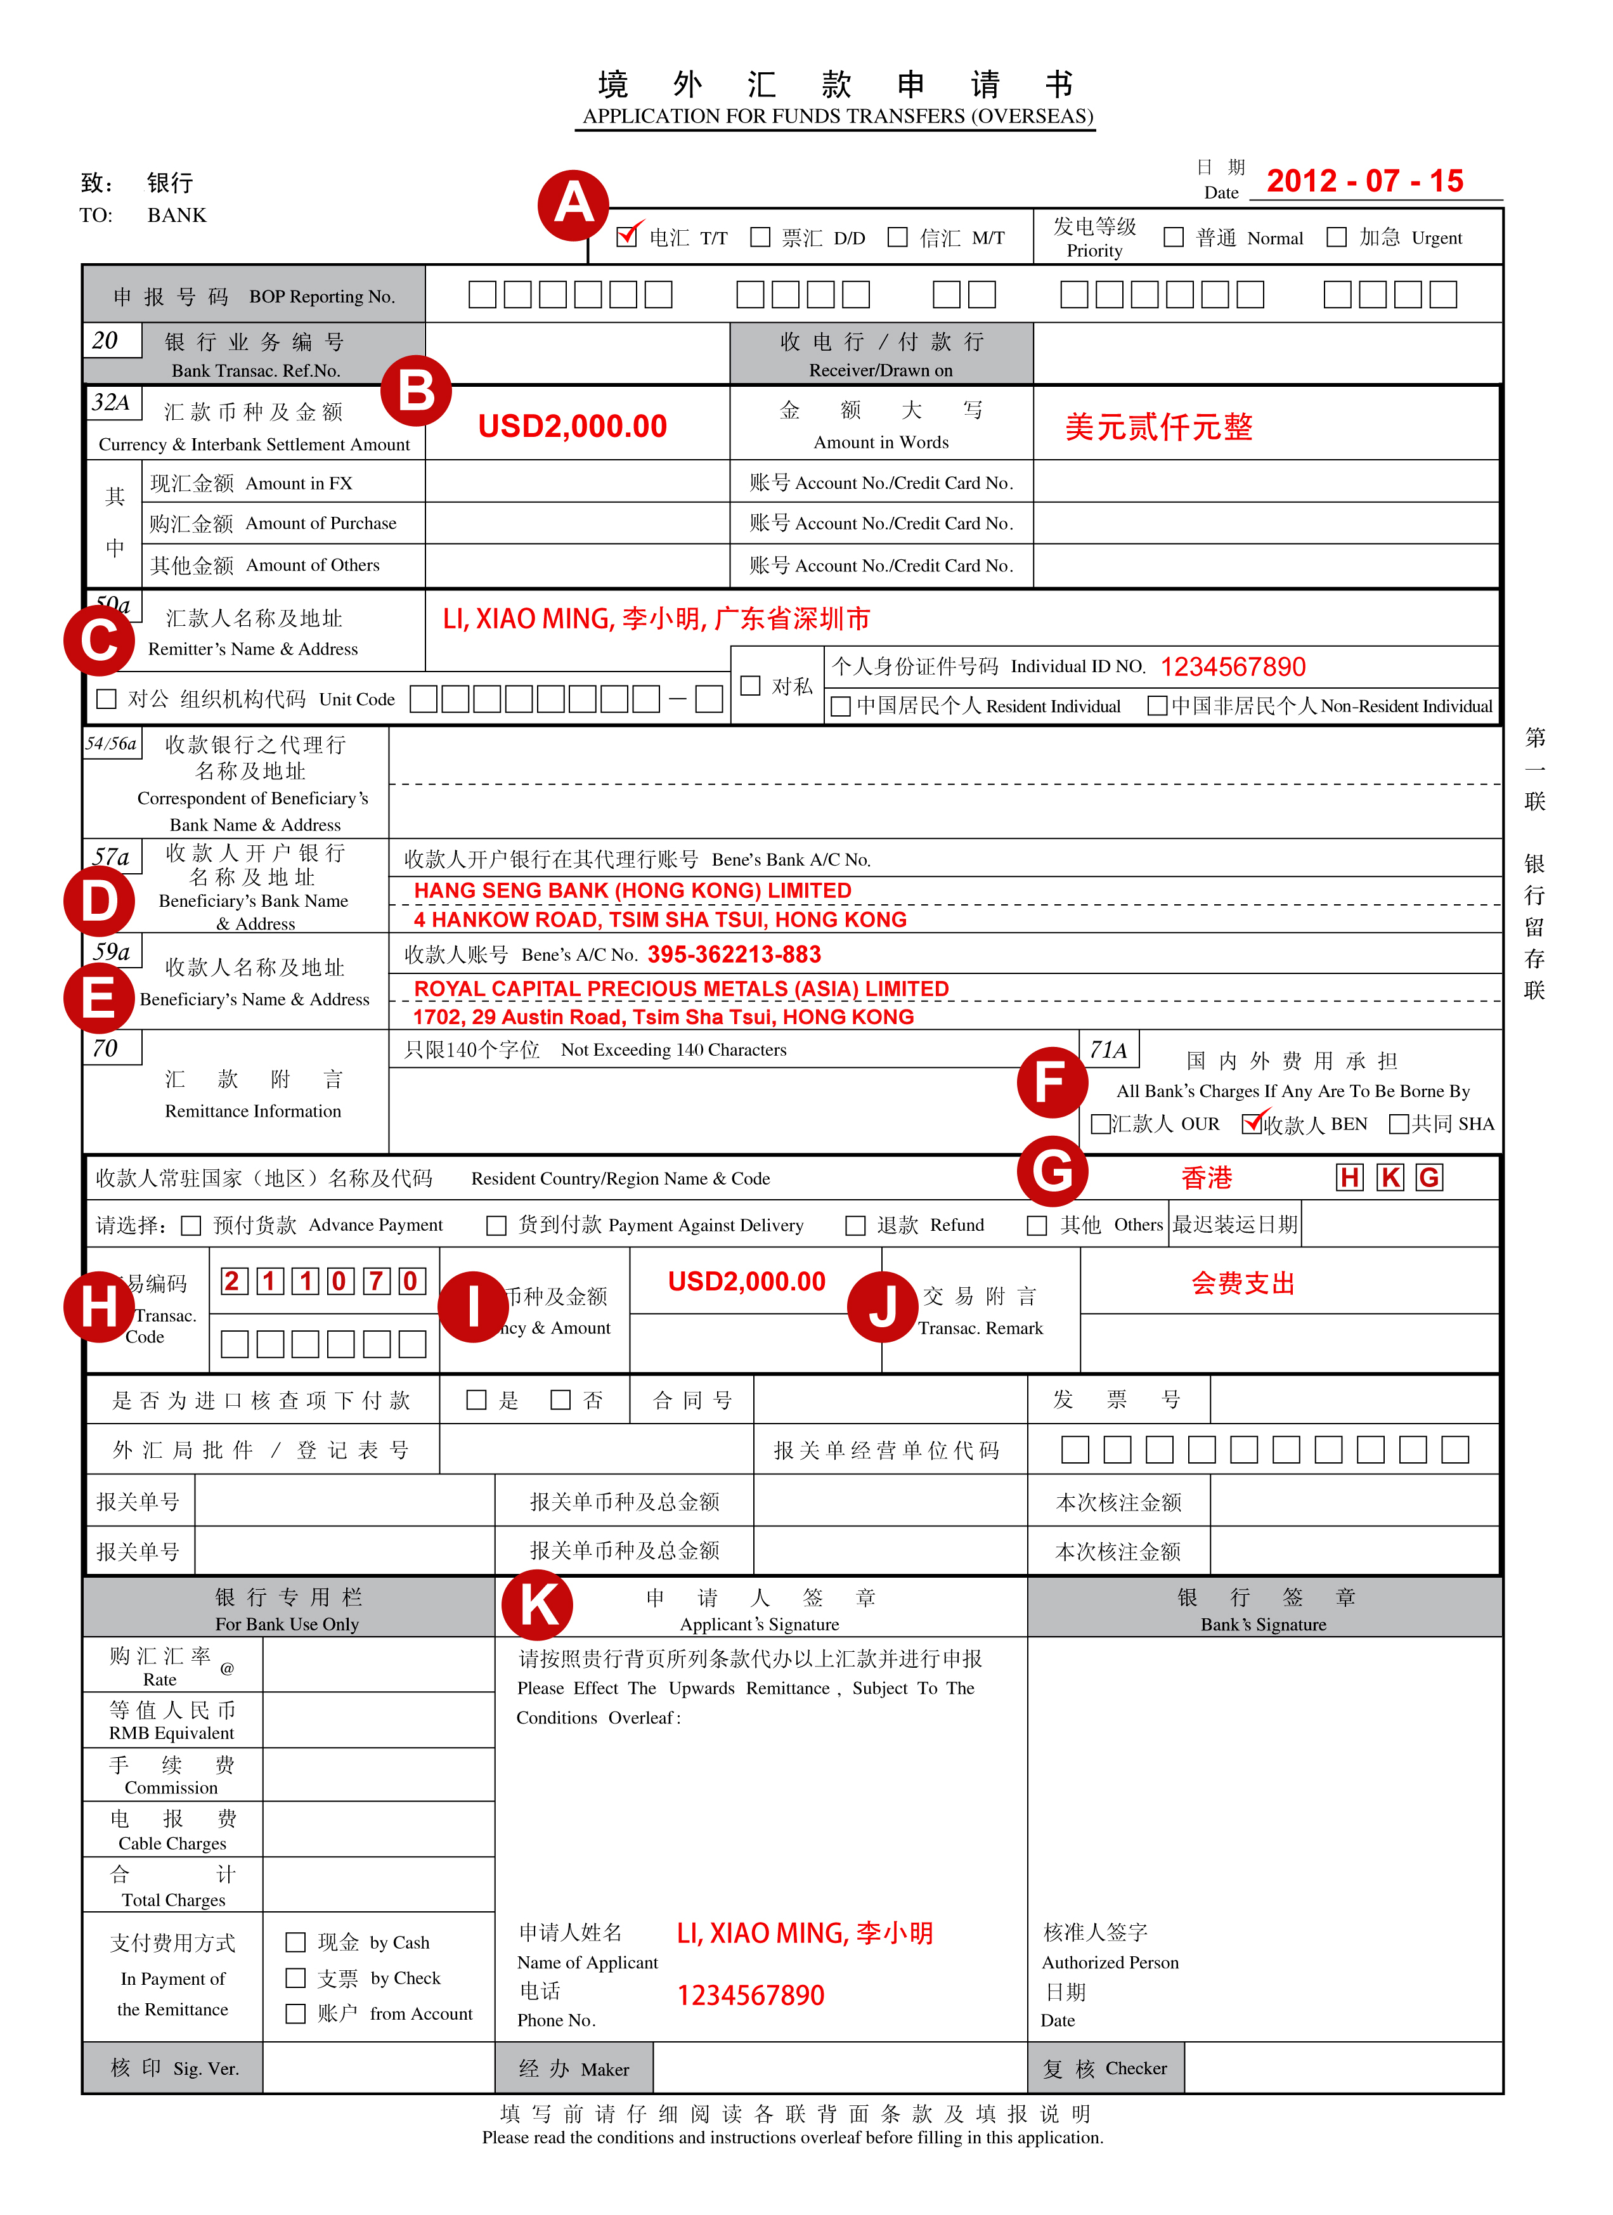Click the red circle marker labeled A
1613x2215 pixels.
pyautogui.click(x=573, y=205)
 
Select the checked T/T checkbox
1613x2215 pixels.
pyautogui.click(x=627, y=237)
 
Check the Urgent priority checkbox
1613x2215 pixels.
pyautogui.click(x=1337, y=237)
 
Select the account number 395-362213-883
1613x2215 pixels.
pyautogui.click(x=734, y=954)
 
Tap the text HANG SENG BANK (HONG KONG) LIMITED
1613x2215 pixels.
pyautogui.click(x=633, y=891)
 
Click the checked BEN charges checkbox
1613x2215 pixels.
pyautogui.click(x=1252, y=1124)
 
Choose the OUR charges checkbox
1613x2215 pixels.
pyautogui.click(x=1101, y=1124)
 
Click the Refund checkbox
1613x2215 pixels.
pyautogui.click(x=855, y=1226)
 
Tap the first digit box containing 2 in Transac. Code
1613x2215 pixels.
pyautogui.click(x=233, y=1282)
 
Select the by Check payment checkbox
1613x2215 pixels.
pyautogui.click(x=295, y=1978)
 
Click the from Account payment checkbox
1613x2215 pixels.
pyautogui.click(x=295, y=2014)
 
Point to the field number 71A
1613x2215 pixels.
pyautogui.click(x=1108, y=1050)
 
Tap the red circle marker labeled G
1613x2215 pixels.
pyautogui.click(x=1052, y=1171)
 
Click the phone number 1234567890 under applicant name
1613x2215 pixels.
pyautogui.click(x=750, y=1995)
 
